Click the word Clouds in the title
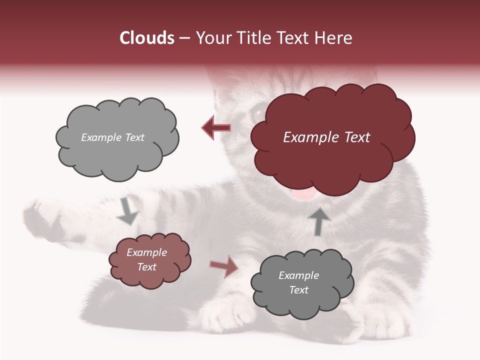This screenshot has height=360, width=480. pos(147,38)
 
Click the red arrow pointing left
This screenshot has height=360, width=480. pos(216,128)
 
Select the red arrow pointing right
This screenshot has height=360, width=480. pos(224,266)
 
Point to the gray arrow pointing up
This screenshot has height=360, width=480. pos(319,221)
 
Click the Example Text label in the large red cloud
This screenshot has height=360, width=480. pos(326,137)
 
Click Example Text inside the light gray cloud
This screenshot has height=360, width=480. pos(112,137)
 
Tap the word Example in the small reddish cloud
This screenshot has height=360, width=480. pos(146,252)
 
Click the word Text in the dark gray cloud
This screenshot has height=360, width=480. pos(298,290)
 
